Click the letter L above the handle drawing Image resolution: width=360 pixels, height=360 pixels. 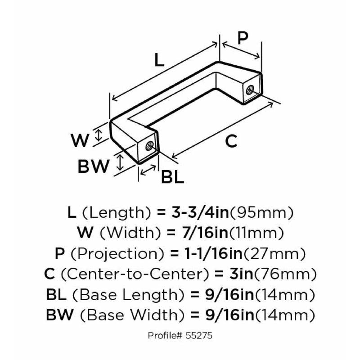pos(158,60)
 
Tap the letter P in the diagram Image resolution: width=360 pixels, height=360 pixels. pos(243,38)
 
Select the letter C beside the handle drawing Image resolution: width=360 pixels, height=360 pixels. pos(230,141)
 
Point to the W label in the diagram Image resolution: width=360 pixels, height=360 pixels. pos(81,141)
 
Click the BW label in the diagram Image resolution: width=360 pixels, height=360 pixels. pos(94,166)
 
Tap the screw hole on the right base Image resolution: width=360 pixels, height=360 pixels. pos(249,90)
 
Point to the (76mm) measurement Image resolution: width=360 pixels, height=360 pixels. pos(292,274)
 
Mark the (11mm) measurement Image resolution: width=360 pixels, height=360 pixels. pos(256,233)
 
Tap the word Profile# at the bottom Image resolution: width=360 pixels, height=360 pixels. pos(166,336)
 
